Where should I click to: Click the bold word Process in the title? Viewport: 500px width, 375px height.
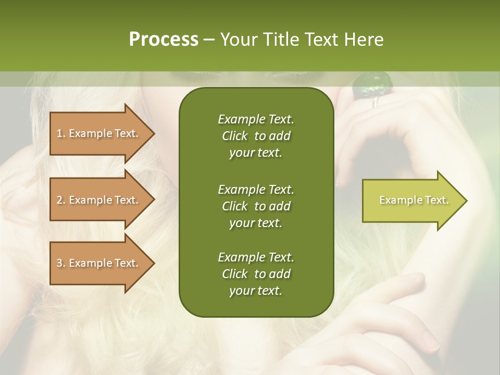click(x=164, y=39)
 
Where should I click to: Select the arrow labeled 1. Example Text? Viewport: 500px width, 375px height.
click(x=99, y=133)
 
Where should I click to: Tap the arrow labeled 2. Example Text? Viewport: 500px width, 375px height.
click(x=99, y=200)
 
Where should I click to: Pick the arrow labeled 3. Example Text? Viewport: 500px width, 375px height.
click(x=99, y=263)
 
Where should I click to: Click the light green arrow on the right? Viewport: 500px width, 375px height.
click(x=411, y=201)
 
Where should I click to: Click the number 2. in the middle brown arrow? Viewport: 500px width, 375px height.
click(x=60, y=200)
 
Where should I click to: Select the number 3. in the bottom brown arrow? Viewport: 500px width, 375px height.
click(x=60, y=263)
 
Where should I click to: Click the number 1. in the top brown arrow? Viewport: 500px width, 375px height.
click(x=60, y=133)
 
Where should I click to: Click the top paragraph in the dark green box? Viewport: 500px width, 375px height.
click(x=256, y=136)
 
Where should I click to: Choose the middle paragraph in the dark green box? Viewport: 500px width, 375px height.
click(x=256, y=206)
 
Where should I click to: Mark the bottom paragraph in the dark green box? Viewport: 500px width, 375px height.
click(x=256, y=274)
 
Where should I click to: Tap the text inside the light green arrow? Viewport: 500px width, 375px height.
click(x=414, y=200)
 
